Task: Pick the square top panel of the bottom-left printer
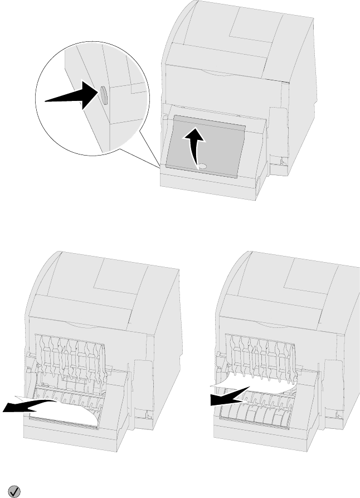point(119,279)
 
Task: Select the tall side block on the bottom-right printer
point(333,385)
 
